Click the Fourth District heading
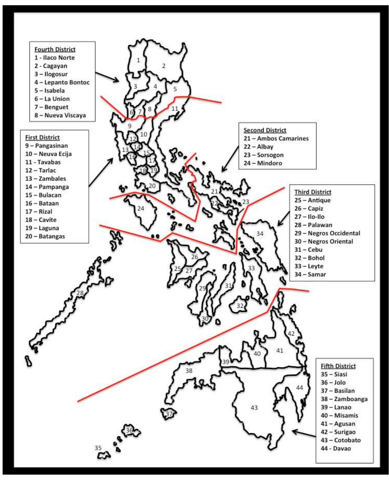[x=55, y=49]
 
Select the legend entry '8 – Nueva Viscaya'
[x=60, y=115]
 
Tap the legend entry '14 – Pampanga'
[x=47, y=187]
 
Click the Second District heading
[x=265, y=130]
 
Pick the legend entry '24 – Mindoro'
[x=263, y=163]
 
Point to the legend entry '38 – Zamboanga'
[x=344, y=399]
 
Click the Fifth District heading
[x=338, y=366]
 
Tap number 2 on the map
[x=164, y=66]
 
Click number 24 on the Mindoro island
[x=141, y=208]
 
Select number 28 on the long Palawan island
[x=80, y=293]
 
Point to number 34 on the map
[x=260, y=234]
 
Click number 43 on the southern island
[x=254, y=408]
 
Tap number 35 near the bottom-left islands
[x=98, y=448]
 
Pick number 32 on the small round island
[x=240, y=305]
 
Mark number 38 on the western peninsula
[x=189, y=370]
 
